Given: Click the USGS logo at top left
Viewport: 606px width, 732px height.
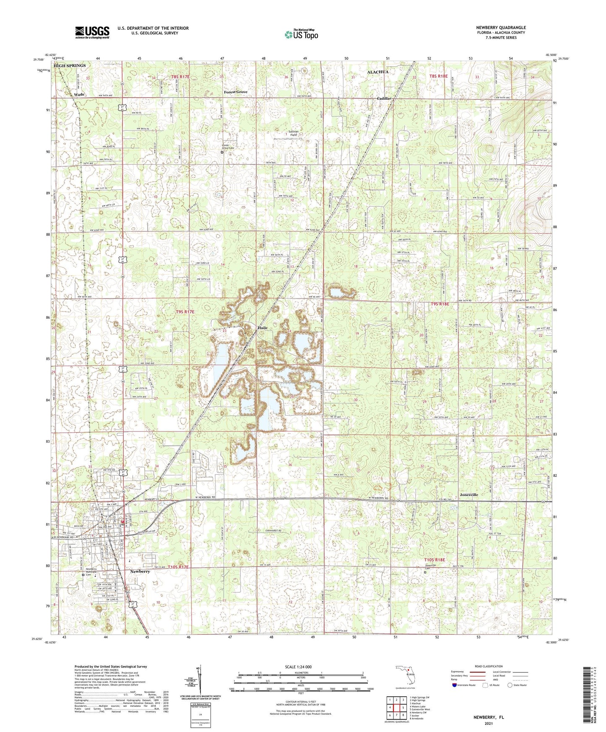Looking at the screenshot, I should tap(92, 32).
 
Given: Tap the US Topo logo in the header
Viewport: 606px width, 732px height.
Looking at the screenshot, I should tap(301, 34).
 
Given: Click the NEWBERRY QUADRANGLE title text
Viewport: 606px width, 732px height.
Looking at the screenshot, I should tap(501, 28).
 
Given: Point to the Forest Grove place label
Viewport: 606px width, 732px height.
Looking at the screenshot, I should tap(235, 92).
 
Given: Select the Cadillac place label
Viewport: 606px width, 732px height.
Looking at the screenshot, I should tap(384, 98).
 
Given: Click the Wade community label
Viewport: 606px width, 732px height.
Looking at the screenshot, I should tap(79, 95).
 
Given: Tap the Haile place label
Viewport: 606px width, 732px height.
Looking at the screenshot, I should tap(262, 328).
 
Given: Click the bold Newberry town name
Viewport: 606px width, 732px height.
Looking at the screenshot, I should tap(140, 571).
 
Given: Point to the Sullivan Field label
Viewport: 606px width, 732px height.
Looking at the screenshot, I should tap(293, 133).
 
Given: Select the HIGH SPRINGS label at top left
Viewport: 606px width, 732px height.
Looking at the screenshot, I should tap(70, 66).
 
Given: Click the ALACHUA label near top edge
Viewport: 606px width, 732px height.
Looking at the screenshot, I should tap(377, 72).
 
